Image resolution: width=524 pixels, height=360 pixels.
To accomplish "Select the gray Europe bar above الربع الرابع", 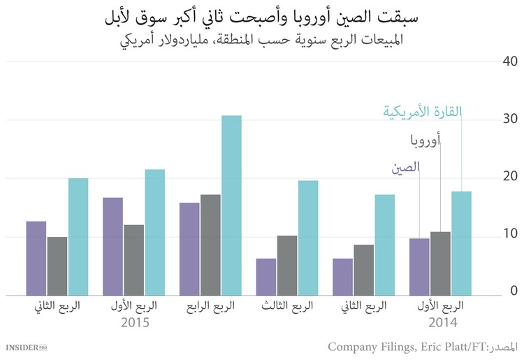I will (210, 245).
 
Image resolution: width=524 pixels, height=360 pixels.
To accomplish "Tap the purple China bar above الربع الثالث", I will (266, 277).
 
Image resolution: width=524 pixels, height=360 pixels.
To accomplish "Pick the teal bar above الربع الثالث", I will (308, 238).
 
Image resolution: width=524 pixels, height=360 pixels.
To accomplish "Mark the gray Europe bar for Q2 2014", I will (363, 270).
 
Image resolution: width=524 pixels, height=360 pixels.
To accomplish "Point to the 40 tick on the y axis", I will (509, 62).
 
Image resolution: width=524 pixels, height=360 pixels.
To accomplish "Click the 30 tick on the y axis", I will (509, 120).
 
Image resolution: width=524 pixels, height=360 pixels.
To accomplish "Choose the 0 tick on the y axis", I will (513, 291).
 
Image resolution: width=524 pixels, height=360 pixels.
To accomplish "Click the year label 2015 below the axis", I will (135, 323).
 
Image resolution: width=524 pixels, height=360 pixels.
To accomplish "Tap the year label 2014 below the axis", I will (443, 323).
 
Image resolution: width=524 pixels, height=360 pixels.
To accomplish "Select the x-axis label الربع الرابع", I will (210, 306).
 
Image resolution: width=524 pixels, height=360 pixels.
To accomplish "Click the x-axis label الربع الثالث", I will (286, 306).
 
